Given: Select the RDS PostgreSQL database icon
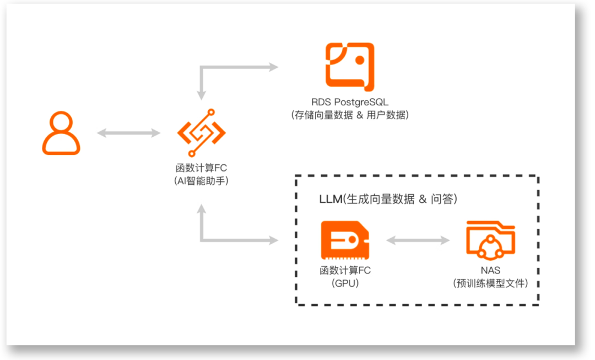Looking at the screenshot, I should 350,66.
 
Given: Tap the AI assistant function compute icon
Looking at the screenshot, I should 201,132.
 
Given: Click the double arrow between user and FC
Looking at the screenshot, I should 128,133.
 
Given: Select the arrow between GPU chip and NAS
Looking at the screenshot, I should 418,240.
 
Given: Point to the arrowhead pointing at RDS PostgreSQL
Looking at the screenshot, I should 273,67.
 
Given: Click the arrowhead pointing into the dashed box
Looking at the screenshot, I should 273,240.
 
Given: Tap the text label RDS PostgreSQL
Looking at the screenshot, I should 350,102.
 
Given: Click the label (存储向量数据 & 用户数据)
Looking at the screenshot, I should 350,115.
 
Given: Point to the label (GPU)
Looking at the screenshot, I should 345,283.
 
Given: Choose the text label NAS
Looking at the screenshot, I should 490,271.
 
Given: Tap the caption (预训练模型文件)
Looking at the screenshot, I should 490,283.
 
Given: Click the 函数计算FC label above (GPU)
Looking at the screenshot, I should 345,271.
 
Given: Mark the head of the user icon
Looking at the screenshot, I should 61,122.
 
